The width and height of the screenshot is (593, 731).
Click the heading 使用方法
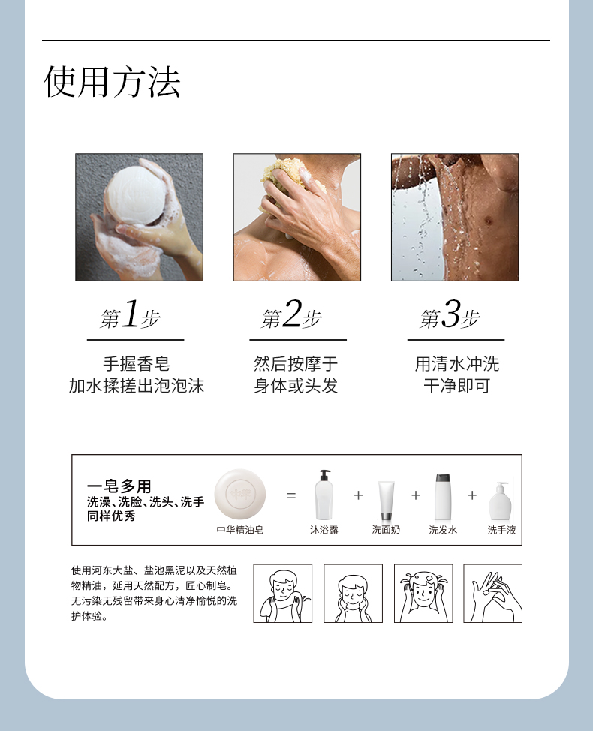point(112,81)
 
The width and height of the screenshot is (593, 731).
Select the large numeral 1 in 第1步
point(131,314)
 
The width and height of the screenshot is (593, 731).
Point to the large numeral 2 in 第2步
point(292,314)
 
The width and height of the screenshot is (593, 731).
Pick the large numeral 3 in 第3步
point(451,314)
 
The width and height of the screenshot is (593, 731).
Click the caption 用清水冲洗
point(457,364)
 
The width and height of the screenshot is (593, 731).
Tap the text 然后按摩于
point(296,364)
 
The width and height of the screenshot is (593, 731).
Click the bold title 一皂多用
point(119,486)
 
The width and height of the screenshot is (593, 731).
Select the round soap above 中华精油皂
point(240,495)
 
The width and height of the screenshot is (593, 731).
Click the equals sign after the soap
point(291,495)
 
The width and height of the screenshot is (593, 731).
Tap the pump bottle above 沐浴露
point(324,495)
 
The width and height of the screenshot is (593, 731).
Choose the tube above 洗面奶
point(386,501)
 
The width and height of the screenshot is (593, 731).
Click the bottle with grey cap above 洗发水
point(443,497)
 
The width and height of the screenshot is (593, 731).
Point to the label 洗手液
point(501,530)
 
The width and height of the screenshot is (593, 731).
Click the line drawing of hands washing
point(492,594)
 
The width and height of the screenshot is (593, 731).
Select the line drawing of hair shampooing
point(423,594)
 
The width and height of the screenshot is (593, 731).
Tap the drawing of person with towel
point(282,594)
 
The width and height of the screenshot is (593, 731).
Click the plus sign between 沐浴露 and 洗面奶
point(358,495)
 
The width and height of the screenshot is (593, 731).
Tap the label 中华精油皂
point(240,530)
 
